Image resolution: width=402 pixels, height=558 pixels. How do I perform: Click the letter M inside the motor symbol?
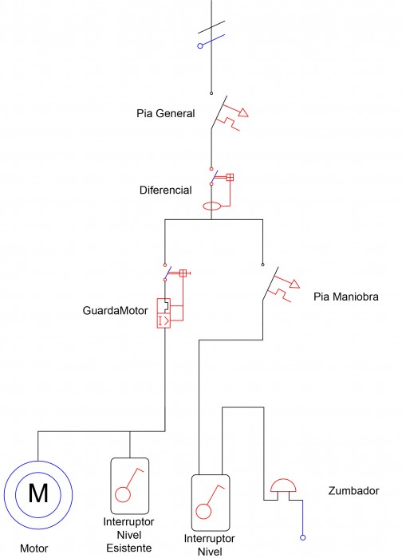[x=38, y=493]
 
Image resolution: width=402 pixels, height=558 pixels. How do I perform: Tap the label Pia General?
[x=166, y=113]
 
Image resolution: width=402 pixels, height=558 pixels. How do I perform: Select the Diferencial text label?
[x=166, y=190]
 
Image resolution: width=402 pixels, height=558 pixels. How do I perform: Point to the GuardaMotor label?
[x=115, y=311]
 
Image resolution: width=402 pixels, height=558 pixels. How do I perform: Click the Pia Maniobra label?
[x=345, y=297]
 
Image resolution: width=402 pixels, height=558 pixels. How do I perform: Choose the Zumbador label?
[x=353, y=491]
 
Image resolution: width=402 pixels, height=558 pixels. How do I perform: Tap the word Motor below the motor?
[x=33, y=548]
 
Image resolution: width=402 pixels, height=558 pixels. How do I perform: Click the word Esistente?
[x=129, y=548]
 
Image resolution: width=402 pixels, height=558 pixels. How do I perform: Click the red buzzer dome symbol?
[x=283, y=485]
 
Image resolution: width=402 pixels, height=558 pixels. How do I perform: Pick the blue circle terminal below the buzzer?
[x=302, y=538]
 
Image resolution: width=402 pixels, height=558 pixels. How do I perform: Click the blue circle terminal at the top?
[x=200, y=46]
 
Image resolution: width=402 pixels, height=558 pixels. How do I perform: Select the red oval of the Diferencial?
[x=212, y=206]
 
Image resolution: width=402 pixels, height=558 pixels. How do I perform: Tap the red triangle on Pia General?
[x=243, y=113]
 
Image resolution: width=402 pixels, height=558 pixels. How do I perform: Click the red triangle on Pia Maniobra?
[x=295, y=284]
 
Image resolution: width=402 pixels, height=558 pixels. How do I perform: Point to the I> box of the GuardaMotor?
[x=164, y=320]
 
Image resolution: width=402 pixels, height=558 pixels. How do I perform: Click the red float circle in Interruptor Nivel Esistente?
[x=123, y=495]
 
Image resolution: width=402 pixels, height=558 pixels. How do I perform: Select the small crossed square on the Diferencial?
[x=230, y=177]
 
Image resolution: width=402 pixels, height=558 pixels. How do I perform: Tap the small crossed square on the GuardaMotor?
[x=183, y=273]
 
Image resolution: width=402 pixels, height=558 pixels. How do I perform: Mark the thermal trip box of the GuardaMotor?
[x=164, y=306]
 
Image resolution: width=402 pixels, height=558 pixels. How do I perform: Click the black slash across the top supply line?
[x=211, y=27]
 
